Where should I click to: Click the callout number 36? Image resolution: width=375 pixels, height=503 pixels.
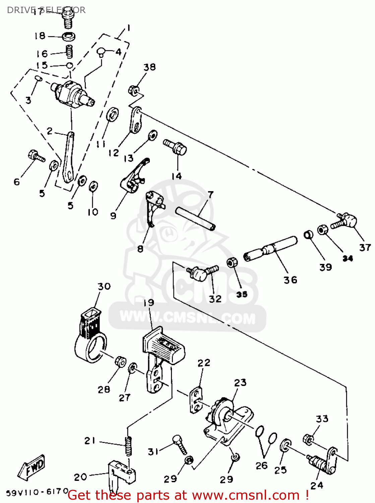click(x=290, y=280)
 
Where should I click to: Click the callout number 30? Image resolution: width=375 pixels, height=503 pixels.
click(x=104, y=286)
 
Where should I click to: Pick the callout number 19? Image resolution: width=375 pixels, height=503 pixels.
click(x=149, y=302)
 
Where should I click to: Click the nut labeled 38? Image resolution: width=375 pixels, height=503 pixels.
click(x=133, y=91)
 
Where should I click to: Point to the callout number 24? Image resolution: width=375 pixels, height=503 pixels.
click(x=317, y=485)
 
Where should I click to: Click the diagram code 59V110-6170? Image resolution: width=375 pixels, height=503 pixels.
click(x=38, y=492)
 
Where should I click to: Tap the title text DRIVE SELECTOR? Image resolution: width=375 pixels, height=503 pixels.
click(x=46, y=10)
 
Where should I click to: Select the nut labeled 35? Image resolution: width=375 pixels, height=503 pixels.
click(x=231, y=263)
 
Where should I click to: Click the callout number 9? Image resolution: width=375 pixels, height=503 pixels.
click(x=113, y=216)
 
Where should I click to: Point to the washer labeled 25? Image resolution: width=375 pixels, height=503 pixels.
click(x=285, y=446)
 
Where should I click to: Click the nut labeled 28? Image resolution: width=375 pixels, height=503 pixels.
click(x=120, y=361)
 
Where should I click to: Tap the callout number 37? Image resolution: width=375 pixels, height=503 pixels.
click(x=365, y=247)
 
